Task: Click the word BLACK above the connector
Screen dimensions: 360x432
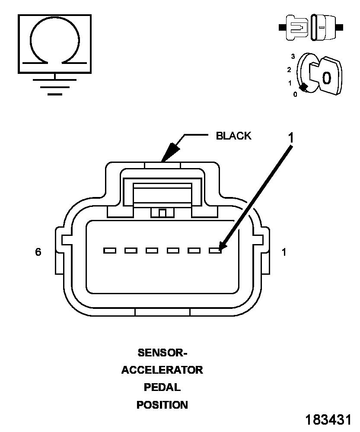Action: click(233, 136)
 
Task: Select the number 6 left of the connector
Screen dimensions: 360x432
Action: click(38, 252)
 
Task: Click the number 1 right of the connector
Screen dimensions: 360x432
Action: click(284, 252)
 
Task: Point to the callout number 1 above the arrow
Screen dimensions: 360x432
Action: click(291, 138)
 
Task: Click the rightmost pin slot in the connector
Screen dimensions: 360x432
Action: click(215, 251)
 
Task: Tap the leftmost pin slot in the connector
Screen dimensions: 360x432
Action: click(110, 251)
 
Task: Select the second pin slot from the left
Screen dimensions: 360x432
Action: click(131, 251)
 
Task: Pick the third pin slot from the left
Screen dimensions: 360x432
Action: click(152, 251)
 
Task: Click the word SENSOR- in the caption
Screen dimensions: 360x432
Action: click(162, 353)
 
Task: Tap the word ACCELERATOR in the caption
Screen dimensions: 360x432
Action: click(162, 370)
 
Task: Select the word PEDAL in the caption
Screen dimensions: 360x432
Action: click(162, 388)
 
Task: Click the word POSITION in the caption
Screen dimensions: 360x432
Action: click(162, 405)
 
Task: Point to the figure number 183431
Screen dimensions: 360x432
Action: click(328, 420)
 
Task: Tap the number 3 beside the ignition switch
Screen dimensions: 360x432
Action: click(293, 57)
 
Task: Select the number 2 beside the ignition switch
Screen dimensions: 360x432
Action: click(289, 70)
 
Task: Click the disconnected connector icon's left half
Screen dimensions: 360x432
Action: click(294, 28)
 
